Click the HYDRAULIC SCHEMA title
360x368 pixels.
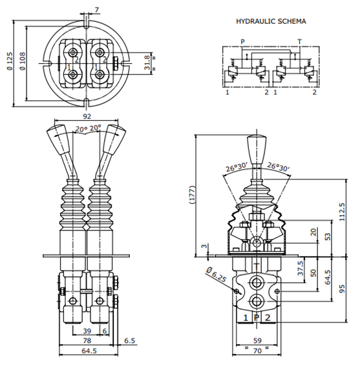[x=271, y=21]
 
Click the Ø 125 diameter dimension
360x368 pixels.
[x=10, y=61]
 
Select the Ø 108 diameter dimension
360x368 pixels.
[x=23, y=61]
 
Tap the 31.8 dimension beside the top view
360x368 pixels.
[x=147, y=63]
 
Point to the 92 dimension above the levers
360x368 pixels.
[x=87, y=116]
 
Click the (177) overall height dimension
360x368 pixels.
[x=192, y=195]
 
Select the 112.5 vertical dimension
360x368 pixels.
[x=342, y=212]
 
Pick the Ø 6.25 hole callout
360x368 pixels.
[x=216, y=274]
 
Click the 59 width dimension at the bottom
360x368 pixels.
[x=257, y=340]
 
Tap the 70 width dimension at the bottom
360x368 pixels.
[x=257, y=351]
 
